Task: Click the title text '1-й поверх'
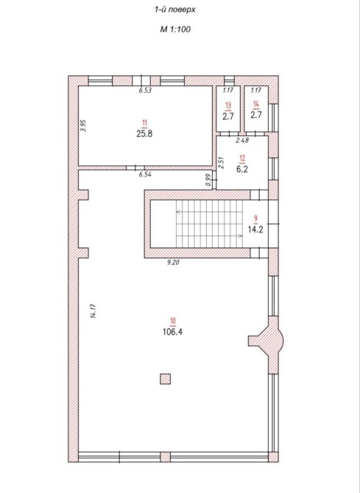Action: [174, 10]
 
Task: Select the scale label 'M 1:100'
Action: [175, 29]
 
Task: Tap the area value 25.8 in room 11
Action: [144, 134]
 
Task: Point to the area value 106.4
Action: [172, 332]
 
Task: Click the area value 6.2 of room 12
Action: [242, 169]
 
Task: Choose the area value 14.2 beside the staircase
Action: [255, 229]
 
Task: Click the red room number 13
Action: [228, 105]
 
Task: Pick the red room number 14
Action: [256, 104]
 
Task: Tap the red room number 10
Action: [173, 321]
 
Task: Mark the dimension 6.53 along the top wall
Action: [145, 91]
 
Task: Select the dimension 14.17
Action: [93, 311]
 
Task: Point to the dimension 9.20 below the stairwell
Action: [173, 262]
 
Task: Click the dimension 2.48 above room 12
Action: [242, 141]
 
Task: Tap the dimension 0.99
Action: [208, 180]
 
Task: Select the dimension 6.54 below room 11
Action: [145, 174]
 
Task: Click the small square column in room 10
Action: [165, 379]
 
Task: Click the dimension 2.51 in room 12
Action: [222, 163]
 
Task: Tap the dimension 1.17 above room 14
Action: [256, 91]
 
